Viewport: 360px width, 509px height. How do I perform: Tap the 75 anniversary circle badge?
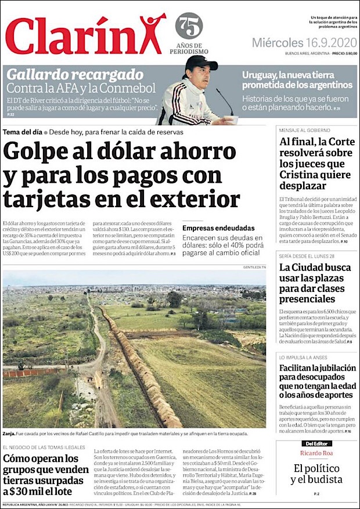tap(189, 26)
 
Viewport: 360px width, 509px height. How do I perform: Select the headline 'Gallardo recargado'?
tap(75, 74)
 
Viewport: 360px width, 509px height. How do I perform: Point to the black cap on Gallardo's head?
tap(200, 63)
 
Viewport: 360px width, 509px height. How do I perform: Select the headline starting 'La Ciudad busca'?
tap(315, 268)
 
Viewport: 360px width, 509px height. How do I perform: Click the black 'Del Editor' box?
tap(313, 443)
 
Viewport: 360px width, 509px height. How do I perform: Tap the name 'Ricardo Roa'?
tap(316, 453)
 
